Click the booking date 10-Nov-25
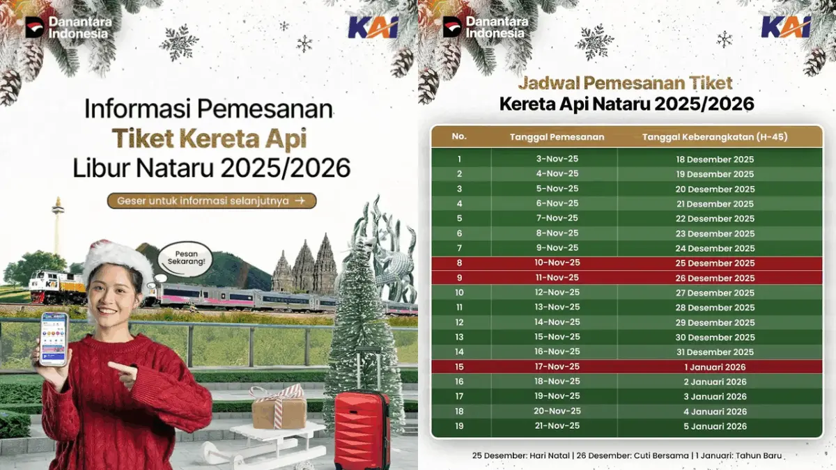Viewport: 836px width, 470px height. pyautogui.click(x=553, y=263)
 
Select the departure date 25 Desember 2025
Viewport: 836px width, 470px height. pyautogui.click(x=715, y=263)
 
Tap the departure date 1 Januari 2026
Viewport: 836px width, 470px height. pyautogui.click(x=715, y=367)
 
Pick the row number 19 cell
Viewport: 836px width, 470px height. pyautogui.click(x=459, y=426)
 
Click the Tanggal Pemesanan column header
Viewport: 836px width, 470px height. pyautogui.click(x=553, y=136)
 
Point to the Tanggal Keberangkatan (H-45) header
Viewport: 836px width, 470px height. pyautogui.click(x=715, y=136)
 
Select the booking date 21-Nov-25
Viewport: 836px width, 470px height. pyautogui.click(x=553, y=426)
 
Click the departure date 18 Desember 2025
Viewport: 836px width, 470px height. pyautogui.click(x=715, y=159)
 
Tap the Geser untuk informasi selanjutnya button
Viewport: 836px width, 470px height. pyautogui.click(x=211, y=201)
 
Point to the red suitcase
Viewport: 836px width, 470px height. pyautogui.click(x=361, y=428)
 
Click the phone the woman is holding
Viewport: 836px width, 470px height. pyautogui.click(x=54, y=339)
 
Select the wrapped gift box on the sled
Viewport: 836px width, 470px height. pyautogui.click(x=279, y=409)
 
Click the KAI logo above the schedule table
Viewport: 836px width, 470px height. pyautogui.click(x=786, y=27)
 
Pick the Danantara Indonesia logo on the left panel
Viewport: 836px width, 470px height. pyautogui.click(x=68, y=27)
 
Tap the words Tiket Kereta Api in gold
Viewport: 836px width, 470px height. pyautogui.click(x=210, y=139)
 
